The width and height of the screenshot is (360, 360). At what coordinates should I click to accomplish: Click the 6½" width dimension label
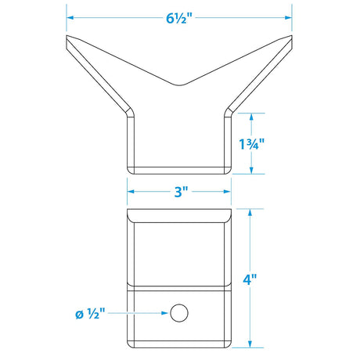[179, 18]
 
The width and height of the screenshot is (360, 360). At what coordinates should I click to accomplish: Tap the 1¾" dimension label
[252, 144]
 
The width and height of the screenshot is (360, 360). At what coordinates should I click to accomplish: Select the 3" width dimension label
[181, 192]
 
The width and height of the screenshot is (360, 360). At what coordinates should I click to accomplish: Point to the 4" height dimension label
[250, 279]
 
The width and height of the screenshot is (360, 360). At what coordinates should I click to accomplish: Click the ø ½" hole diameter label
[90, 313]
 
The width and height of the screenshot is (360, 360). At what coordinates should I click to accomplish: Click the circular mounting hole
[179, 313]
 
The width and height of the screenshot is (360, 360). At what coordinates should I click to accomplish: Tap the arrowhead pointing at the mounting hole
[164, 313]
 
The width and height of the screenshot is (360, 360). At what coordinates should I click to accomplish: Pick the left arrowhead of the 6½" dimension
[70, 18]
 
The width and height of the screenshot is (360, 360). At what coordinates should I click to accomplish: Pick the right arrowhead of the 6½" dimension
[288, 18]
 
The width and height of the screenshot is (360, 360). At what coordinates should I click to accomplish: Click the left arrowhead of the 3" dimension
[131, 192]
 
